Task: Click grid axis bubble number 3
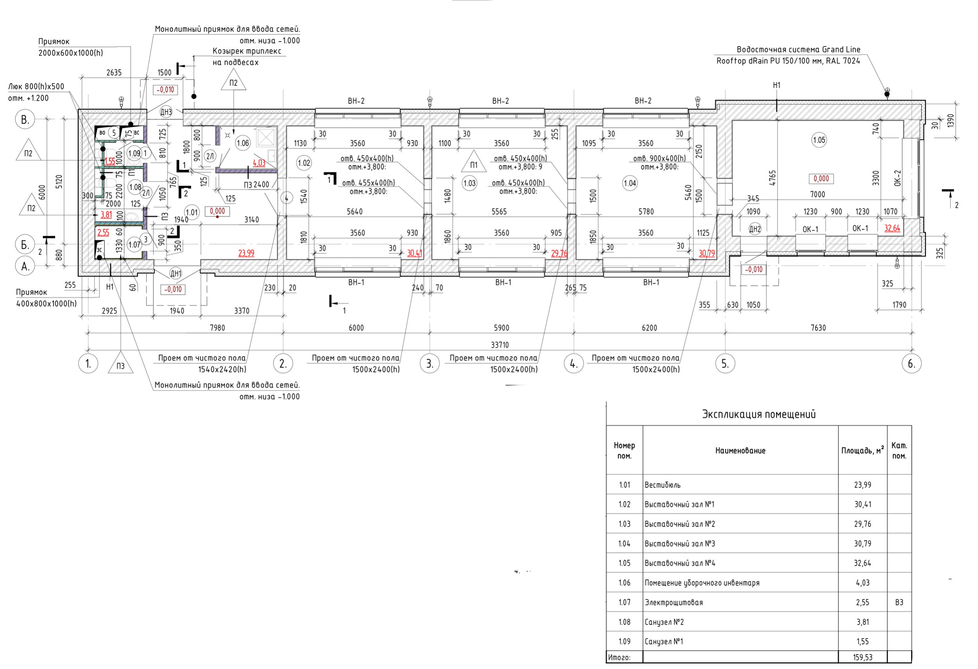point(430,363)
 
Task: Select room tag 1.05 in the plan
point(819,140)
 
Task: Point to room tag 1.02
point(304,163)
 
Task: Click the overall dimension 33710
point(500,345)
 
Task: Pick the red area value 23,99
point(246,253)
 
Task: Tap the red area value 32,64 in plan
point(892,228)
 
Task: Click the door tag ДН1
point(176,273)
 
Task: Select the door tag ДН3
point(166,112)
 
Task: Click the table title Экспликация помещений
point(759,414)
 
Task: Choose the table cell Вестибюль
point(662,485)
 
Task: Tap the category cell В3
point(899,602)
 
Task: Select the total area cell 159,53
point(863,657)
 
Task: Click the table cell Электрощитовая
point(674,602)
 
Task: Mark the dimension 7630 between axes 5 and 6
point(818,328)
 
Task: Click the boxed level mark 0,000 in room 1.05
point(821,179)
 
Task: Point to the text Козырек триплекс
point(247,51)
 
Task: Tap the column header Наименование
point(740,451)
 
